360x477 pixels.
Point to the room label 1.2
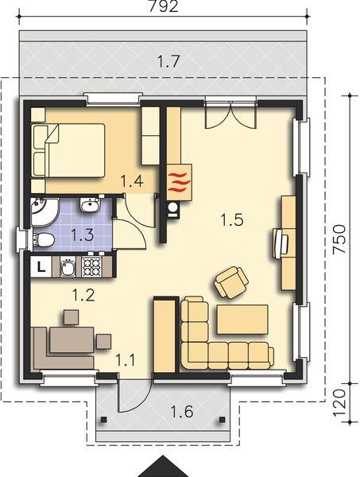[83, 296]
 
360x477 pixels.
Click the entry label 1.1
[126, 359]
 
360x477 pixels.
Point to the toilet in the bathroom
[45, 240]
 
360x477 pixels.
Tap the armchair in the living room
[231, 281]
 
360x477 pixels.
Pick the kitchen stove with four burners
[93, 266]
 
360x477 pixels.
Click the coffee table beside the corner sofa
[242, 320]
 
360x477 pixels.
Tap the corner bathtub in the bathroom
[43, 211]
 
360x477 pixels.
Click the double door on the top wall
[220, 114]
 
